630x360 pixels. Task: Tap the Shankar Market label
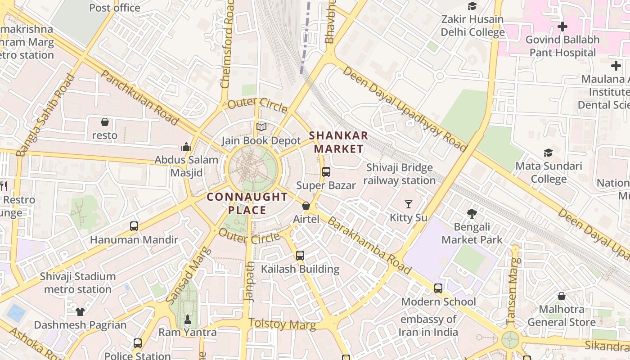[x=338, y=142]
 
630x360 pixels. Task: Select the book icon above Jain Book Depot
[x=261, y=127]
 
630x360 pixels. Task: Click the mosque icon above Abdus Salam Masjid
[x=186, y=147]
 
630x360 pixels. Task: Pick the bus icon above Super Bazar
[x=326, y=171]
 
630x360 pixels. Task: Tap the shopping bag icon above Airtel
[x=306, y=206]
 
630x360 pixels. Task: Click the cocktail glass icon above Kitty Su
[x=409, y=204]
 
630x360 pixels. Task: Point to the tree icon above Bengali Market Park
[x=472, y=213]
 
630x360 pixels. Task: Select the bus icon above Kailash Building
[x=300, y=256]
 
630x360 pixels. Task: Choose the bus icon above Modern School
[x=438, y=288]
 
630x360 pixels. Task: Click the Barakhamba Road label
[x=369, y=245]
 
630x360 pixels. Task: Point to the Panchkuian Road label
[x=139, y=97]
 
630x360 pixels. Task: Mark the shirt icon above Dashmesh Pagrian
[x=80, y=311]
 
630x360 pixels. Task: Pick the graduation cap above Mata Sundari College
[x=548, y=153]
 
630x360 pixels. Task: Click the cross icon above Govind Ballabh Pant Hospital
[x=562, y=27]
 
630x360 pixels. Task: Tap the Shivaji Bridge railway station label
[x=399, y=174]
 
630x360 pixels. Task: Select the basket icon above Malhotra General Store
[x=562, y=296]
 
